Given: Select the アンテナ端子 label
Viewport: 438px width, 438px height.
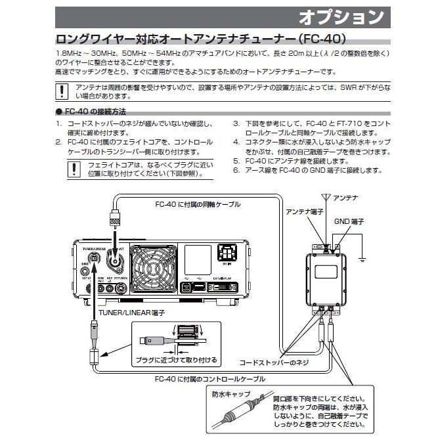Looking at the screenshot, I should coord(302,211).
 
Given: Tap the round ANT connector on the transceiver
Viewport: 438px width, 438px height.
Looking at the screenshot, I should coord(118,261).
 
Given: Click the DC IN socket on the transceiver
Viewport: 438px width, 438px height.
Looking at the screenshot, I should coord(227,253).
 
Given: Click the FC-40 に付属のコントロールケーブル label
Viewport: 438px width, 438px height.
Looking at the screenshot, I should coord(201,379).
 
